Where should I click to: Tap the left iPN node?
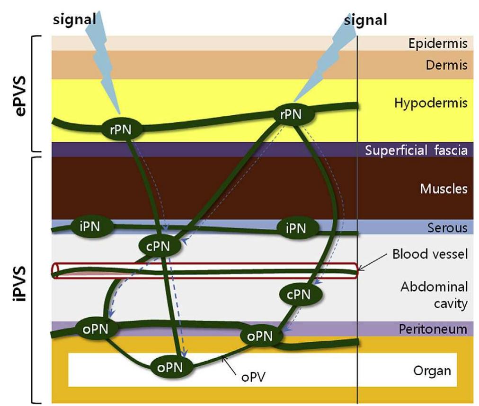coord(92,226)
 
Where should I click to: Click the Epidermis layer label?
coord(438,44)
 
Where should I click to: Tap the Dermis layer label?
coord(446,65)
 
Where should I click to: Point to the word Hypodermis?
coord(431,103)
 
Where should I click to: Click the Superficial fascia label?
coord(416,151)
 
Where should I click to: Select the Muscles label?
coord(444,189)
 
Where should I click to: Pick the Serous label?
coord(447,228)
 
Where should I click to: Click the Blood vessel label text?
coord(430,254)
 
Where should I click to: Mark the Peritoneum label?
coord(433,328)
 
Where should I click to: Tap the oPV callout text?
coord(252,378)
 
